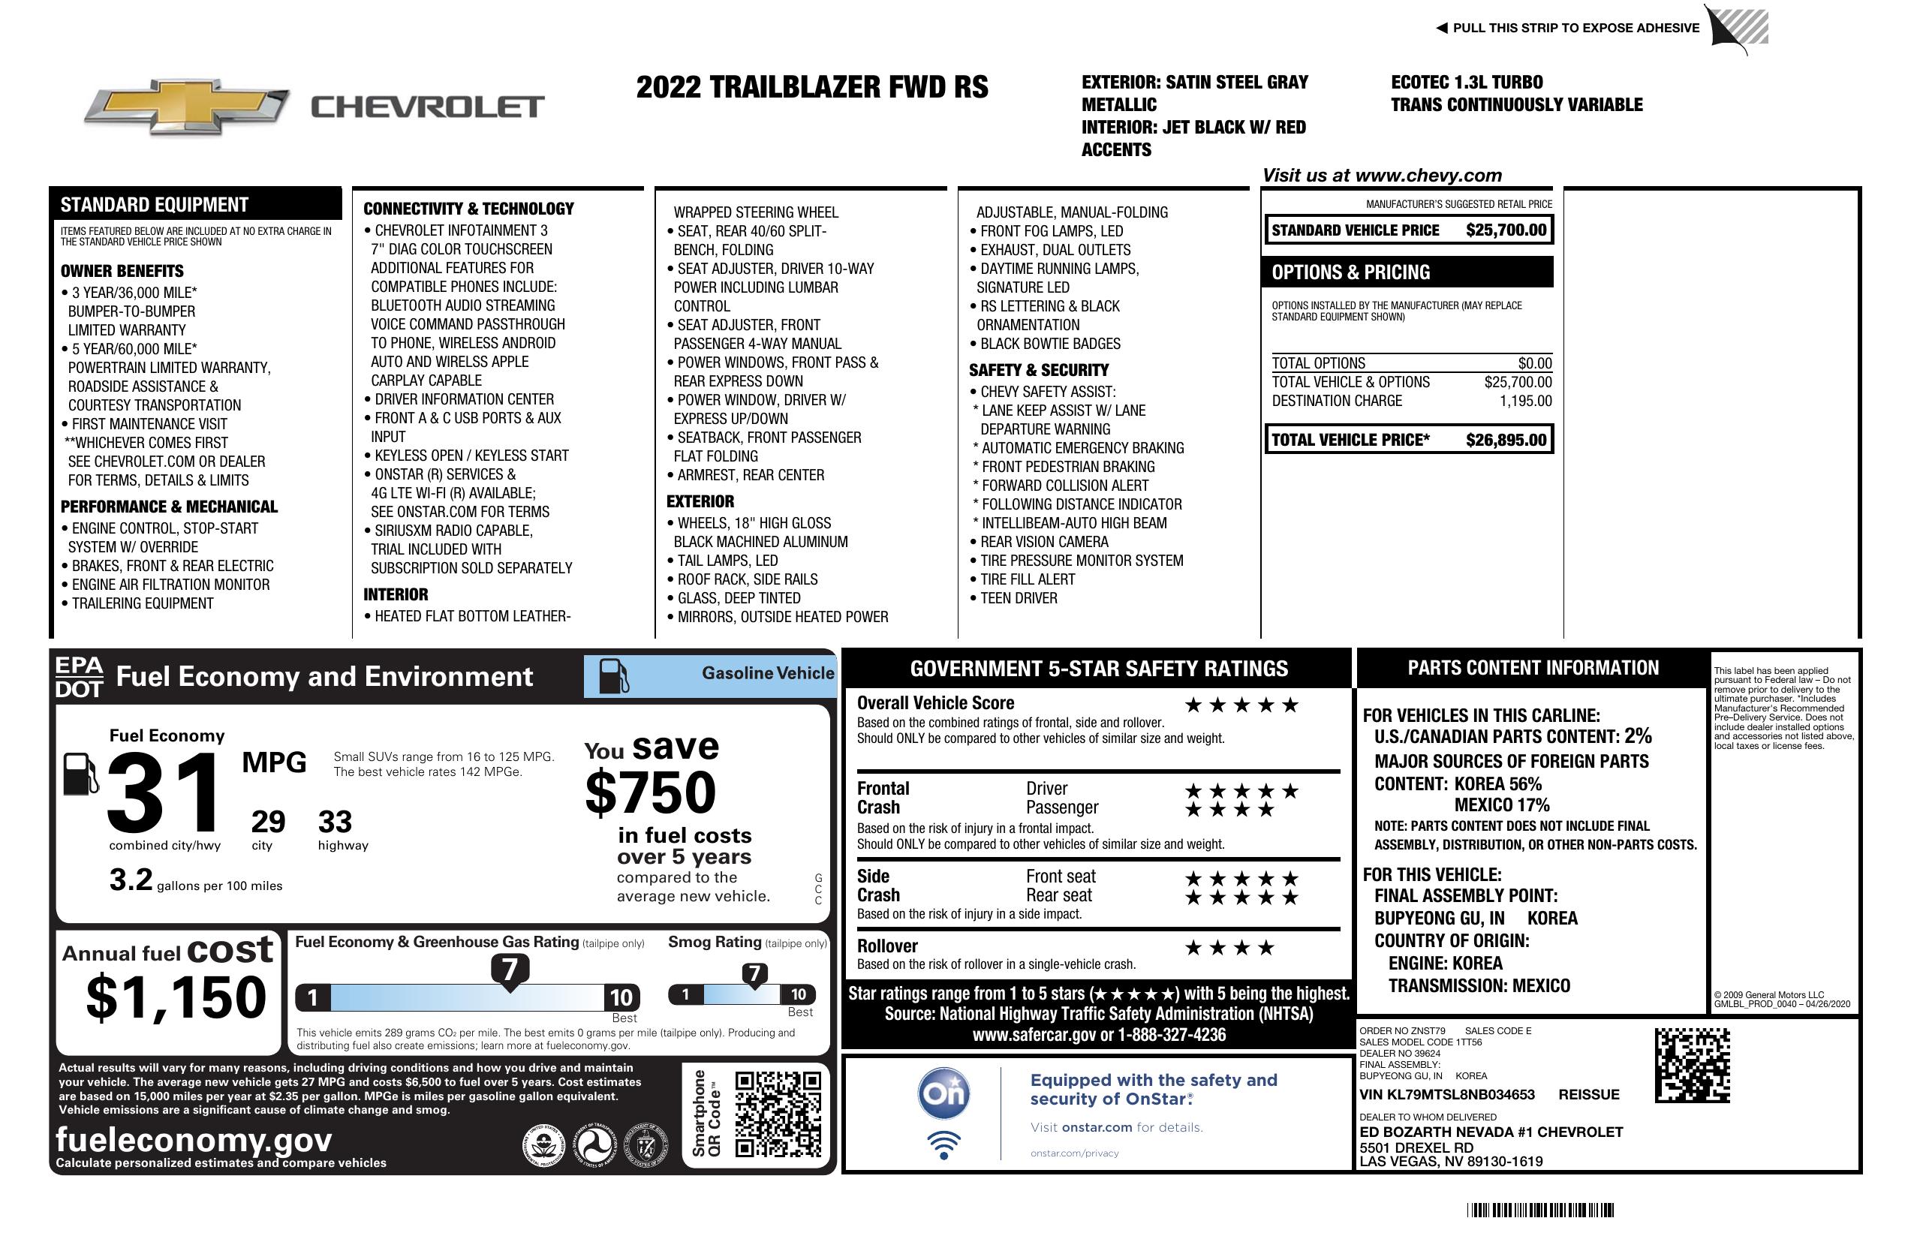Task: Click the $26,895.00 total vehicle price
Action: pyautogui.click(x=1506, y=440)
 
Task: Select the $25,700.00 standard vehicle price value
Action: pyautogui.click(x=1506, y=230)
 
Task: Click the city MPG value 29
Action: pyautogui.click(x=268, y=822)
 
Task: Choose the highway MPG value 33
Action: pyautogui.click(x=335, y=822)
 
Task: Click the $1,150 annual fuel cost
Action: pyautogui.click(x=176, y=997)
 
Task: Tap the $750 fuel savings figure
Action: pyautogui.click(x=651, y=792)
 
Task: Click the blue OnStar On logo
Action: pyautogui.click(x=943, y=1093)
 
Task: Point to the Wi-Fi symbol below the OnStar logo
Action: pyautogui.click(x=943, y=1145)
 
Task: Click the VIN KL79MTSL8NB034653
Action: pyautogui.click(x=1447, y=1094)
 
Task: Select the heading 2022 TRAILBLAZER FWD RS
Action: pyautogui.click(x=811, y=87)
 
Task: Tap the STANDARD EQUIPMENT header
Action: pyautogui.click(x=155, y=204)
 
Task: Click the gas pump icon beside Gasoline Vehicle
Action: pyautogui.click(x=614, y=676)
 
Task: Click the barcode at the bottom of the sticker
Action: pyautogui.click(x=1540, y=1210)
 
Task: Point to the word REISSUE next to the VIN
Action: pyautogui.click(x=1589, y=1094)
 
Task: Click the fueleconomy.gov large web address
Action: pyautogui.click(x=194, y=1139)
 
